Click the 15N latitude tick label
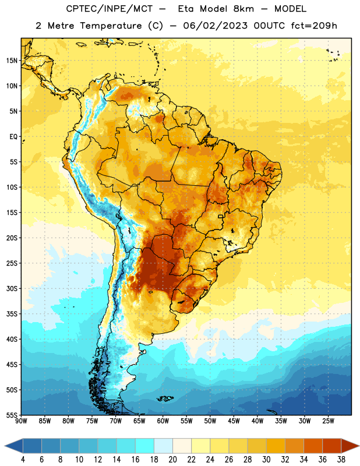click(x=12, y=61)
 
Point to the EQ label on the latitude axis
click(x=13, y=137)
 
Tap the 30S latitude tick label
click(x=12, y=288)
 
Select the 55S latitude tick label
click(x=12, y=415)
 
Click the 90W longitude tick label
click(x=21, y=421)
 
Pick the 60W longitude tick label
click(x=163, y=421)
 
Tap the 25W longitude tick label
click(x=328, y=421)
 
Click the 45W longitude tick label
click(x=234, y=421)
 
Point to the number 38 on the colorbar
click(x=341, y=460)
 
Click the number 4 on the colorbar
click(x=23, y=460)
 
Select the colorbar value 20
click(x=172, y=460)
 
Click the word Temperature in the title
click(x=111, y=26)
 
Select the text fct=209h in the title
click(x=314, y=26)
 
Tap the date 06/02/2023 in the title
click(x=215, y=26)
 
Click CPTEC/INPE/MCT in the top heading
click(x=110, y=9)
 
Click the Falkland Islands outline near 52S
click(x=165, y=398)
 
